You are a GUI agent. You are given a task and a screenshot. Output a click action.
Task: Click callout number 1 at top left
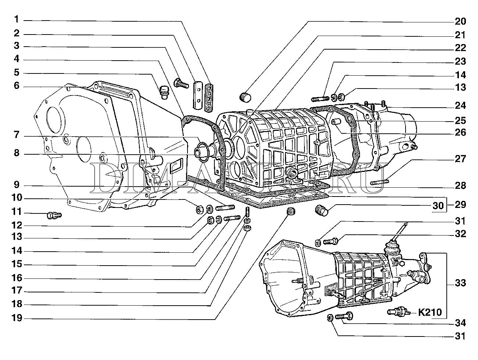(x=17, y=19)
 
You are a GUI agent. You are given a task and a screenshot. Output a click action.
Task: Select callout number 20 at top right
(x=460, y=21)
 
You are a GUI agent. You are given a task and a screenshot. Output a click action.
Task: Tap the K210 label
(x=430, y=313)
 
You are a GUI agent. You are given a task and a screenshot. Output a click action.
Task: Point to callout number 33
(x=460, y=283)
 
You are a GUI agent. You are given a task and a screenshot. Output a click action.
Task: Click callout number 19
(x=17, y=318)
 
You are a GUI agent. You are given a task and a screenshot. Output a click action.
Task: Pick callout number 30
(x=438, y=205)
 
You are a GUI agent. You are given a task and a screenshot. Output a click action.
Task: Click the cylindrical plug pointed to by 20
(x=245, y=97)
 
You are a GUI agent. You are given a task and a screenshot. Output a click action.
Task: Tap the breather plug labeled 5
(x=164, y=93)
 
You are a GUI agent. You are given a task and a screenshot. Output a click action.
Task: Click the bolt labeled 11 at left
(x=54, y=216)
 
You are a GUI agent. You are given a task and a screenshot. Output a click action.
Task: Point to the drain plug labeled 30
(x=322, y=210)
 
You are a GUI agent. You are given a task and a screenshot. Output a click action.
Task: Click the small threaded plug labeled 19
(x=290, y=211)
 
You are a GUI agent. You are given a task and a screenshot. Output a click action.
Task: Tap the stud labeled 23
(x=320, y=99)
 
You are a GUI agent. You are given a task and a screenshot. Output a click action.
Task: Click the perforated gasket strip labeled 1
(x=209, y=97)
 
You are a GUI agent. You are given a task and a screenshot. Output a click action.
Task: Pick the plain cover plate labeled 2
(x=198, y=95)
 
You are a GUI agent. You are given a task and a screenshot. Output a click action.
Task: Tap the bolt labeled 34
(x=344, y=317)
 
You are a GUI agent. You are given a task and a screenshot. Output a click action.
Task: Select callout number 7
(x=17, y=135)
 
